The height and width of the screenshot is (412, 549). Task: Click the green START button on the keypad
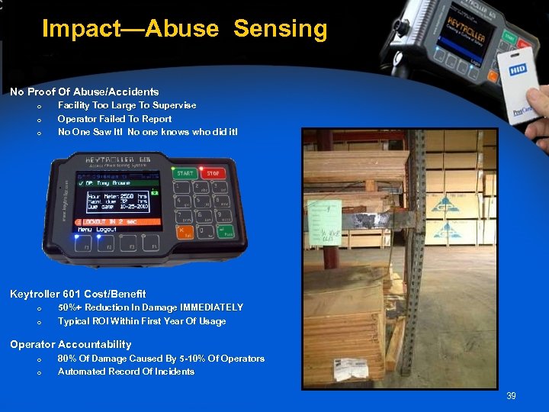tap(185, 174)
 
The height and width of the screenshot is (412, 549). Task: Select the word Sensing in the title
tap(280, 29)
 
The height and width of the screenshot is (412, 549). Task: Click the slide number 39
tap(511, 396)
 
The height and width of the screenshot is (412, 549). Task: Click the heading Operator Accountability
tap(70, 345)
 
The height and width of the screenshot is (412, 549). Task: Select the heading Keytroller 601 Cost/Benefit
tap(78, 294)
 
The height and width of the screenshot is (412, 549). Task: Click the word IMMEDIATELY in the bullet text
tap(211, 307)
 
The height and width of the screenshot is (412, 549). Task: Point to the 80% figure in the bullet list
tap(67, 359)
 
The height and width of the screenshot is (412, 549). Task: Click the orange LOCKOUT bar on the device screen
tap(118, 220)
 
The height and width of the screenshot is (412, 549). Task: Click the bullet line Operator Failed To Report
tap(114, 119)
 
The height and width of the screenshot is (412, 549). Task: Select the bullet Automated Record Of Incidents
tap(126, 372)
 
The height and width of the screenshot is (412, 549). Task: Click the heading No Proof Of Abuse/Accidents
tap(84, 92)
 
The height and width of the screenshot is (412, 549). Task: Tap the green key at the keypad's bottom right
tap(227, 232)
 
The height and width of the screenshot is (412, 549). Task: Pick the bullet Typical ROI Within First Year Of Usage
tap(142, 321)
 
